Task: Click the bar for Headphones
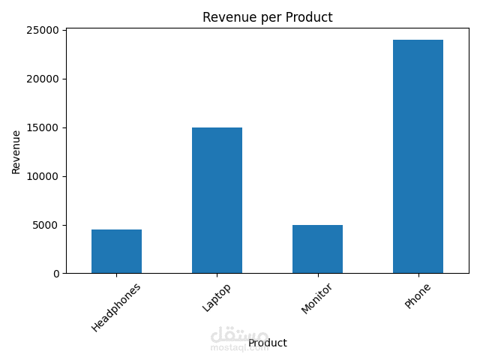tap(116, 251)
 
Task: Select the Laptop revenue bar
tap(217, 200)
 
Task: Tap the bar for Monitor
tap(317, 249)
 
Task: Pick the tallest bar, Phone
tap(418, 156)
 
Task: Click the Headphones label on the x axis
tap(116, 307)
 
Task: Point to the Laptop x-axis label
tap(217, 297)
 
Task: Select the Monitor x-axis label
tap(316, 298)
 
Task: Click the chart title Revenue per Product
tap(267, 17)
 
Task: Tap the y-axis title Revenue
tap(16, 151)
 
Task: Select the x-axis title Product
tap(268, 343)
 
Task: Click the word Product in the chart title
tap(310, 17)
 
